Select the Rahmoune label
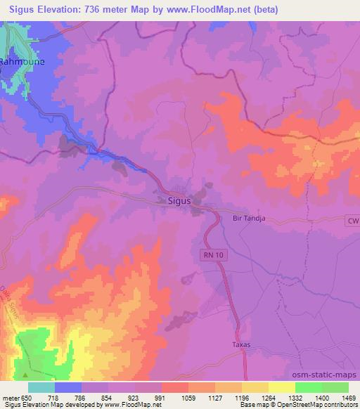(21, 62)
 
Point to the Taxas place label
(241, 345)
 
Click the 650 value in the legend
(29, 397)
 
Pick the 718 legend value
(53, 397)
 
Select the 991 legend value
(161, 397)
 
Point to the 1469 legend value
(348, 397)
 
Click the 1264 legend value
(268, 397)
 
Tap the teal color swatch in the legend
(41, 387)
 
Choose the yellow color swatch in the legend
(282, 387)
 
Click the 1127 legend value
(214, 397)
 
